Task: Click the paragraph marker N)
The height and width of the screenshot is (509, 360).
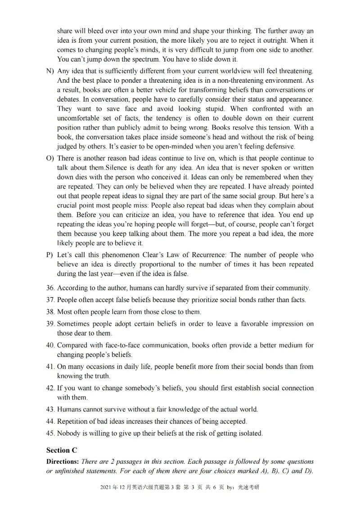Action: click(x=50, y=71)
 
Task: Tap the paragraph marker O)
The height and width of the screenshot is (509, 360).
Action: click(x=50, y=158)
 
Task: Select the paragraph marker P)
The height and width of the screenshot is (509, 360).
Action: click(x=50, y=254)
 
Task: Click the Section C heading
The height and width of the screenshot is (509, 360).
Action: click(x=58, y=450)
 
